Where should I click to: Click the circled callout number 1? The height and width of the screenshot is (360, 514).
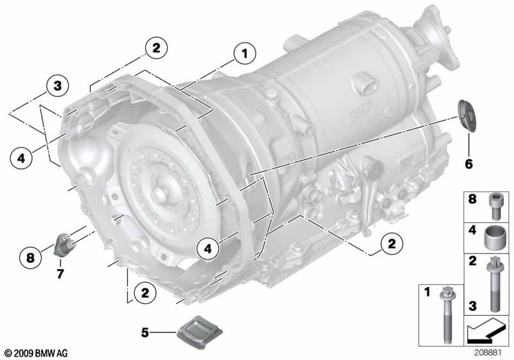click(245, 53)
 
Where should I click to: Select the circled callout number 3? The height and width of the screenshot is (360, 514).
click(57, 86)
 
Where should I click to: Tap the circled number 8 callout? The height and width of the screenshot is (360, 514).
click(30, 257)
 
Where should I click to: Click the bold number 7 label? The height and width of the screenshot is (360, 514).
click(60, 273)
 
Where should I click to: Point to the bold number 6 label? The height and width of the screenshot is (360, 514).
click(469, 163)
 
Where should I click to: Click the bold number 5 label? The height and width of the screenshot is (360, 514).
click(145, 333)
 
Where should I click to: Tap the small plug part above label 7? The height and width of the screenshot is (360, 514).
click(65, 244)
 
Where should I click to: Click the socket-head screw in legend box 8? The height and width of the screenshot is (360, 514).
click(495, 206)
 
